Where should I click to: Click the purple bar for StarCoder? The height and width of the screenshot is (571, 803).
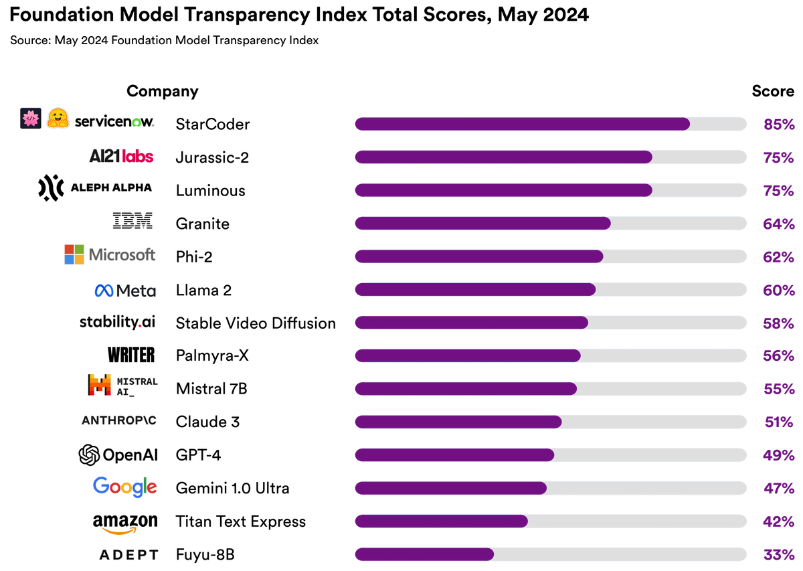click(522, 124)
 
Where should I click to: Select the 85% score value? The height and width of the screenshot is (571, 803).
click(778, 124)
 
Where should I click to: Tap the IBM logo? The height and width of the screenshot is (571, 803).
click(132, 221)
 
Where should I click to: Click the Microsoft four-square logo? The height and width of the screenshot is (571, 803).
click(74, 254)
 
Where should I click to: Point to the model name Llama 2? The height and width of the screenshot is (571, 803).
click(203, 290)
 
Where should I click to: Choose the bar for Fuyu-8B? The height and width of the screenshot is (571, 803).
click(424, 554)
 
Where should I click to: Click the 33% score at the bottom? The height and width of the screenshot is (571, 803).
click(778, 554)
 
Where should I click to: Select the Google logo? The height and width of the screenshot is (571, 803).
click(125, 487)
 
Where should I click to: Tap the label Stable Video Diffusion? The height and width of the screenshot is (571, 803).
click(256, 323)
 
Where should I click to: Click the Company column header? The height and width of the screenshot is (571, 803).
click(163, 91)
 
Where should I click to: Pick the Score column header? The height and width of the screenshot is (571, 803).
click(772, 91)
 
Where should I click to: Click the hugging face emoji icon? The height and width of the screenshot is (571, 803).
click(58, 118)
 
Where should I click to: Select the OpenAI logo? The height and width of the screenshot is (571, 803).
click(118, 455)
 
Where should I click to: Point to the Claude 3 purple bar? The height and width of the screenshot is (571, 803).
click(458, 422)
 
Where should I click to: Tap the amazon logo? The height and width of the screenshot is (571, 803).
click(125, 523)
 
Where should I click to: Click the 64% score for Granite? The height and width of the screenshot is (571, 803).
click(778, 224)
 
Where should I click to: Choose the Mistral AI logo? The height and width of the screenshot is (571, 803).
click(122, 386)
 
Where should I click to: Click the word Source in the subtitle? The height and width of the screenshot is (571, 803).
click(29, 40)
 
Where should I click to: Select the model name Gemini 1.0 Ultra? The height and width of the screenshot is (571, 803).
click(232, 488)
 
